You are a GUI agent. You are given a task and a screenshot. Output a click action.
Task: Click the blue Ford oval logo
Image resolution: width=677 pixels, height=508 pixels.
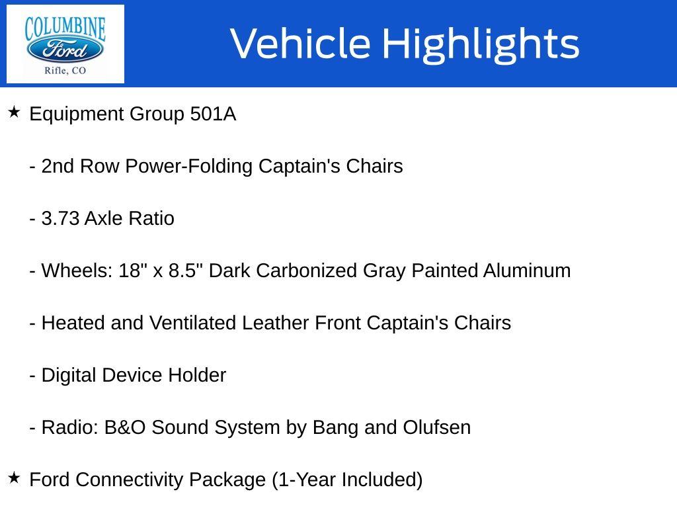(65, 50)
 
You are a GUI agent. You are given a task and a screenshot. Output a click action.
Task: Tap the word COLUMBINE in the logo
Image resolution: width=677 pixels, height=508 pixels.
(65, 28)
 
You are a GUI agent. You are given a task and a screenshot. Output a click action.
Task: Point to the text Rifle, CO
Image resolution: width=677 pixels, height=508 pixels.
(65, 70)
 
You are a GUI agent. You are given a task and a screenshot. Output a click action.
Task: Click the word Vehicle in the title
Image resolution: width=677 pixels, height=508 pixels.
(301, 44)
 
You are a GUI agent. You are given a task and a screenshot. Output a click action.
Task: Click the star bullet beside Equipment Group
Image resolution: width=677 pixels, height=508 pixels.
(14, 112)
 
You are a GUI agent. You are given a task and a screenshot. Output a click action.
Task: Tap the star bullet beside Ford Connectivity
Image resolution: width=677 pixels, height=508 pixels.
(14, 478)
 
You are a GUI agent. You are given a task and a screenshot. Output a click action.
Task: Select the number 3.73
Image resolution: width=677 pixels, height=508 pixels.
(60, 218)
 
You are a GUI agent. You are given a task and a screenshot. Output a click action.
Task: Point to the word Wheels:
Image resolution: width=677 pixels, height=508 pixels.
(77, 271)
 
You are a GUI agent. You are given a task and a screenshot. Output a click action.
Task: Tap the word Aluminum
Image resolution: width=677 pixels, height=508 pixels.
(527, 271)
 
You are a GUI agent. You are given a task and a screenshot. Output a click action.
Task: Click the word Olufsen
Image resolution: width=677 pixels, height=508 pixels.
(437, 428)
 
